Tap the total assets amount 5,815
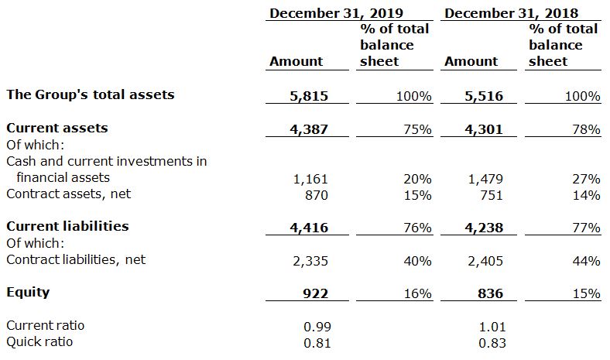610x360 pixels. [x=310, y=96]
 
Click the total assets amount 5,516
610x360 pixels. [x=485, y=96]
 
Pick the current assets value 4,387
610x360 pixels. [x=310, y=129]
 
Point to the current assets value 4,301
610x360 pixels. [x=485, y=129]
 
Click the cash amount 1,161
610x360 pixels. [x=311, y=179]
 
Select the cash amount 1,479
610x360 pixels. [x=486, y=179]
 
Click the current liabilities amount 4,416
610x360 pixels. [x=310, y=228]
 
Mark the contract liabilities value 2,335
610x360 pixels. [x=311, y=262]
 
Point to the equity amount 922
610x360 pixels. [x=315, y=293]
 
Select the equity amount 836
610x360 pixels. [x=491, y=293]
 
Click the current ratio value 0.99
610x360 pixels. [x=317, y=327]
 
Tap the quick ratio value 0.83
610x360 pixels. [x=492, y=342]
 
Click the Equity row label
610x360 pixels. [x=28, y=292]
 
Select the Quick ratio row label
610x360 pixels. [x=38, y=341]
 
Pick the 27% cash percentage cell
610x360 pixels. [x=587, y=179]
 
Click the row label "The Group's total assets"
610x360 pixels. [x=91, y=94]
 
